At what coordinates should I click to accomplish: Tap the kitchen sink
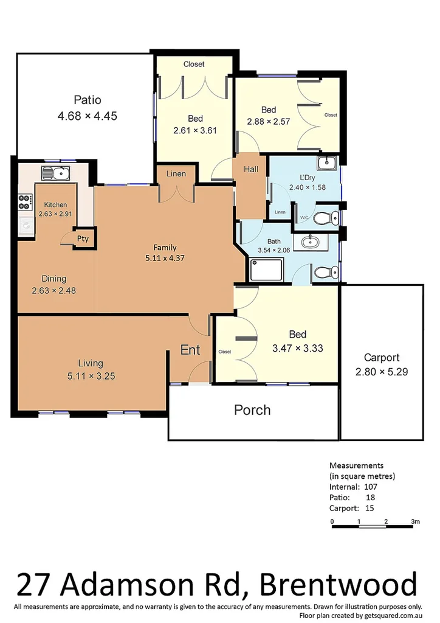(x=56, y=173)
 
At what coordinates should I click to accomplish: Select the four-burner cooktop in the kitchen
(x=26, y=198)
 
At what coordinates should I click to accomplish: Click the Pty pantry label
(x=83, y=238)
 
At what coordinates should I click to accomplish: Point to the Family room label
(x=165, y=247)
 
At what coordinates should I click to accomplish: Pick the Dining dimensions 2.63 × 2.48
(x=53, y=290)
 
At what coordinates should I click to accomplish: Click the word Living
(x=90, y=364)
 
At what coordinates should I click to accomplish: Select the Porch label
(x=252, y=410)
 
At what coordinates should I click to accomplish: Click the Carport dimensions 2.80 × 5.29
(x=381, y=372)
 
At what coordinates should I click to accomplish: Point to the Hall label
(x=252, y=170)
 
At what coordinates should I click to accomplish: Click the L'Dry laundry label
(x=299, y=177)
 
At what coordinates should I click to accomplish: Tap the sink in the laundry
(x=326, y=162)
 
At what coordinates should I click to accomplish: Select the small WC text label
(x=304, y=217)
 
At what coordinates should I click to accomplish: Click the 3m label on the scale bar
(x=415, y=521)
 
